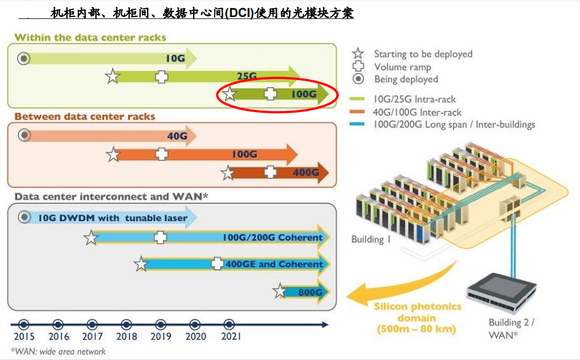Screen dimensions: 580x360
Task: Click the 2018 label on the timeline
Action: [x=126, y=337]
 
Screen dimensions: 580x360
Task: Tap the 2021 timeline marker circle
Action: [x=229, y=325]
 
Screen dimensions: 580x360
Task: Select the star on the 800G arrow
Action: [x=280, y=291]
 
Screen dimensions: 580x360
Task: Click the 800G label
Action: [x=311, y=292]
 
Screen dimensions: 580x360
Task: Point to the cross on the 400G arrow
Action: [x=270, y=172]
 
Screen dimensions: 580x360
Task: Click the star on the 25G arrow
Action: [x=112, y=76]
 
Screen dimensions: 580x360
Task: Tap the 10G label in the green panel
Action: [x=175, y=59]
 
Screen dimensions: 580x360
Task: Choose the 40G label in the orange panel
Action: [x=177, y=136]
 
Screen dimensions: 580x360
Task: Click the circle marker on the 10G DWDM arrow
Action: [x=25, y=217]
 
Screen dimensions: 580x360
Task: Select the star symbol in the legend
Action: [x=358, y=54]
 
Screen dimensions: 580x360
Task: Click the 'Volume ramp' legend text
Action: [x=403, y=67]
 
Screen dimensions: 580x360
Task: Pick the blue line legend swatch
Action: [x=357, y=124]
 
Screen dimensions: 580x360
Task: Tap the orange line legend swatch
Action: [x=357, y=112]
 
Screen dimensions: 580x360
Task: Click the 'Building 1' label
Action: [x=370, y=239]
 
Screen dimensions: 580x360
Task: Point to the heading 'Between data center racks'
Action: [x=85, y=117]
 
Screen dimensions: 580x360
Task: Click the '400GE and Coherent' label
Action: [x=274, y=264]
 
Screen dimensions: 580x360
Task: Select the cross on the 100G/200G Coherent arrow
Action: [x=160, y=237]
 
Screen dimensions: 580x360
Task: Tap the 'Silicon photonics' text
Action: [x=417, y=306]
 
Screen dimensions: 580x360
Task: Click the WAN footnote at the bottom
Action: [x=58, y=352]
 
